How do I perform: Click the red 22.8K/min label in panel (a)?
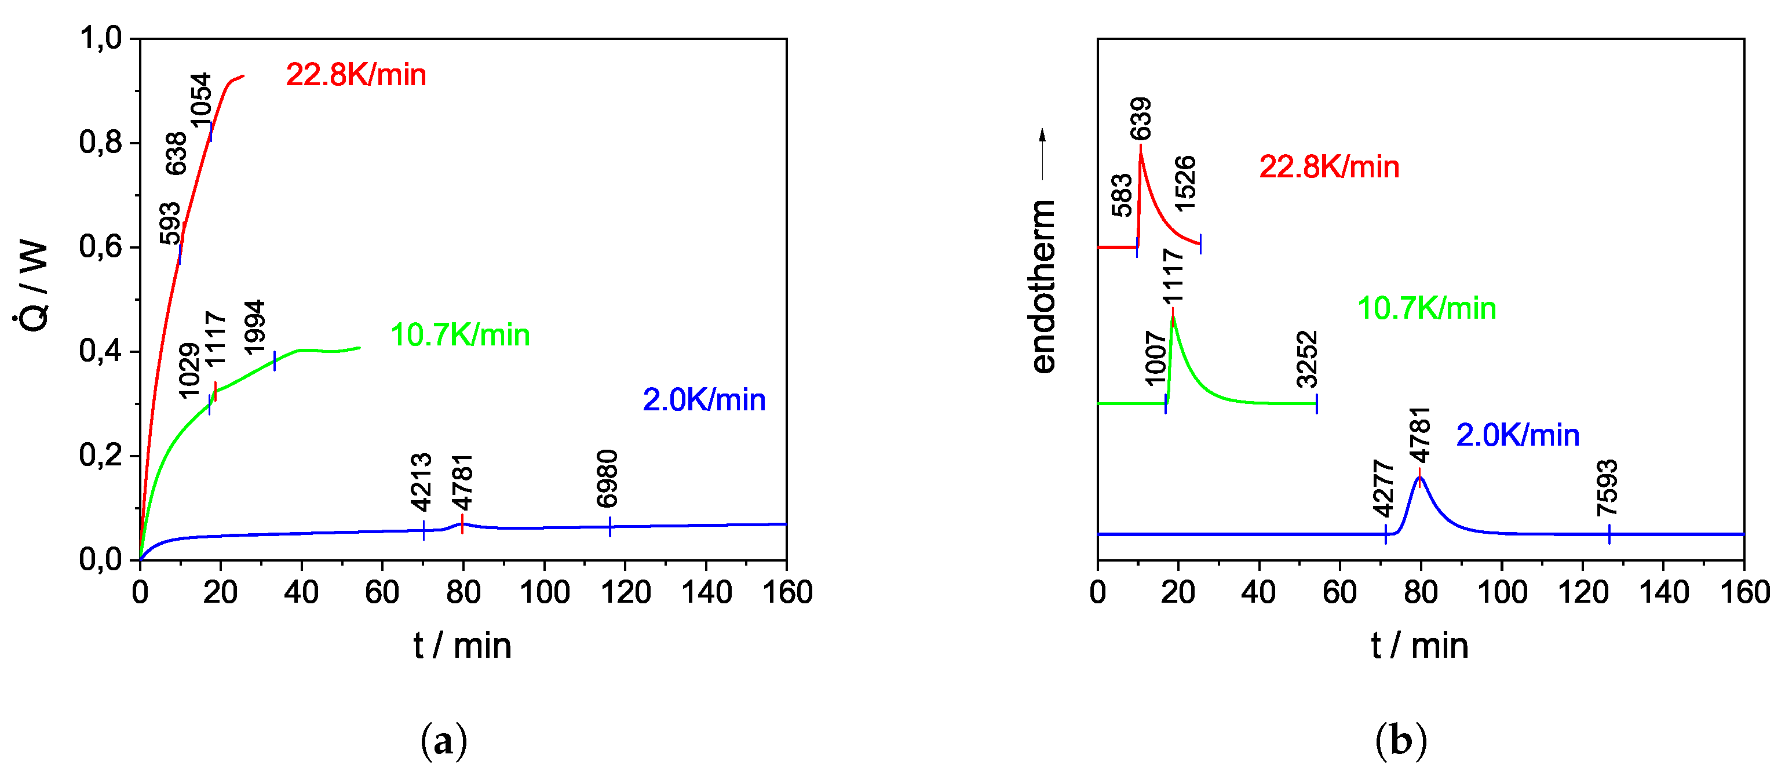click(x=356, y=75)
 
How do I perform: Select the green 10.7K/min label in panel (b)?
click(x=1426, y=308)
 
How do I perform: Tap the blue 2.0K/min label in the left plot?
click(x=703, y=400)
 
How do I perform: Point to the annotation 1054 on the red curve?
click(x=201, y=100)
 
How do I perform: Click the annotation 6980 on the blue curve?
click(x=607, y=479)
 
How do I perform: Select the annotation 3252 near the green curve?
click(x=1307, y=359)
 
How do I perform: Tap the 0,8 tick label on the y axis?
click(x=100, y=143)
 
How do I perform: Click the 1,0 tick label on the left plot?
click(x=100, y=38)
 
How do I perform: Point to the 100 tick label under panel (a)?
click(x=544, y=593)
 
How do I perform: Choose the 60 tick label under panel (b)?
click(x=1339, y=593)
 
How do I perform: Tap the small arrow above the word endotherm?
click(x=1042, y=154)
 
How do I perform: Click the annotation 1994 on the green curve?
click(x=255, y=327)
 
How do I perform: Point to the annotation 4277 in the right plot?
click(x=1383, y=489)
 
